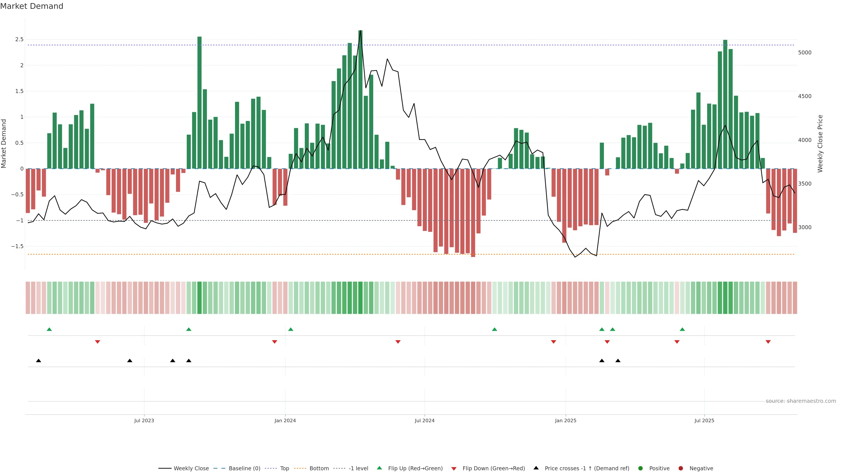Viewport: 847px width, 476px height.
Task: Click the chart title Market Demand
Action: [x=32, y=6]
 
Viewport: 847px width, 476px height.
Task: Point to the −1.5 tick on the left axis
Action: [x=17, y=246]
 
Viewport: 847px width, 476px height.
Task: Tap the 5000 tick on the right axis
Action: [x=805, y=53]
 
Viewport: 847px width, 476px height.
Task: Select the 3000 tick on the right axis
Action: [x=805, y=227]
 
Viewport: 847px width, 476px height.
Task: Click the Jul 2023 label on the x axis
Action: [x=144, y=420]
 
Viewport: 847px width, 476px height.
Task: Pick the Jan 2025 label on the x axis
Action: [x=566, y=420]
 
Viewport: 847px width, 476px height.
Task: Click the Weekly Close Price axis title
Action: [x=820, y=143]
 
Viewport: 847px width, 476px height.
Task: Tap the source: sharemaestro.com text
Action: [x=801, y=401]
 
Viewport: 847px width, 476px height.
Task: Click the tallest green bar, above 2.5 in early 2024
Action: [x=360, y=99]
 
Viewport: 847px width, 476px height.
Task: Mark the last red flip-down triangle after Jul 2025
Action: [x=768, y=342]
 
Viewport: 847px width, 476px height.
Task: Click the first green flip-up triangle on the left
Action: [x=49, y=329]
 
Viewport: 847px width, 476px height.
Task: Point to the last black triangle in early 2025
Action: [x=618, y=361]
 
